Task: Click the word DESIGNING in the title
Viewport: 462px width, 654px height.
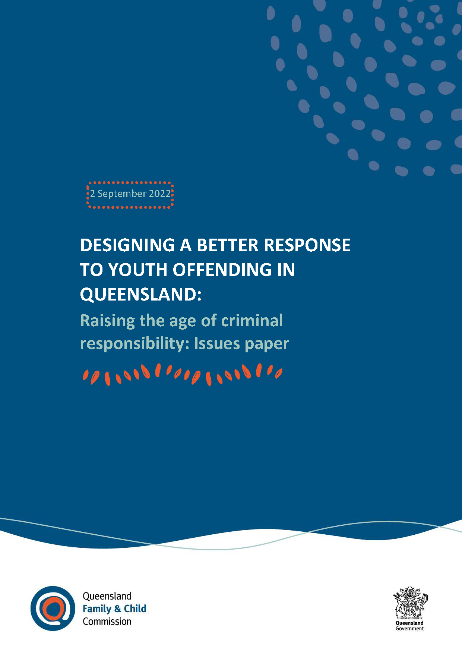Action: tap(127, 245)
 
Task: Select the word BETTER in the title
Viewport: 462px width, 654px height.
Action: tap(227, 245)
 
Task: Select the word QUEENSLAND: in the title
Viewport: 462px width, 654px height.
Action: tap(141, 294)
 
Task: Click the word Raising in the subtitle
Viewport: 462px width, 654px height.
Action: tap(107, 321)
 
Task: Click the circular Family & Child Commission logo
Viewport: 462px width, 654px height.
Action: tap(53, 608)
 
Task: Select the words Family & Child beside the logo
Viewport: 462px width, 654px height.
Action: tap(114, 609)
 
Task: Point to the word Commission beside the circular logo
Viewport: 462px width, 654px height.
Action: tap(107, 621)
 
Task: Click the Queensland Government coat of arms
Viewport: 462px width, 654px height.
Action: tap(410, 602)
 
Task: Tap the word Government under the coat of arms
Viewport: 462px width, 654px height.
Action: tap(409, 628)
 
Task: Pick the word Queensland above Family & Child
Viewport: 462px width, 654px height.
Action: tap(107, 596)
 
